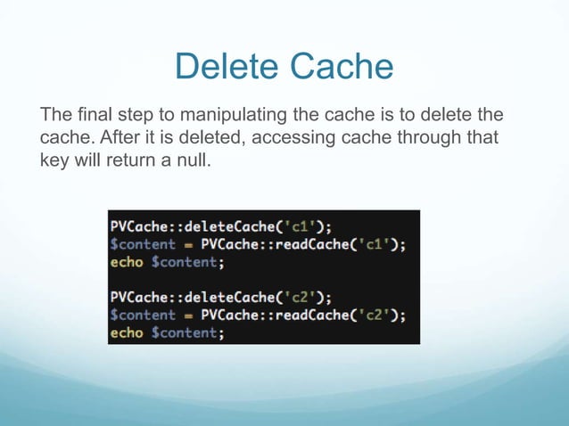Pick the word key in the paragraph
pyautogui.click(x=54, y=161)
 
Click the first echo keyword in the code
pyautogui.click(x=126, y=262)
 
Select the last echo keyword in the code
pyautogui.click(x=126, y=332)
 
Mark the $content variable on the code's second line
pyautogui.click(x=144, y=244)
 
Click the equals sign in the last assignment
pyautogui.click(x=188, y=315)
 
